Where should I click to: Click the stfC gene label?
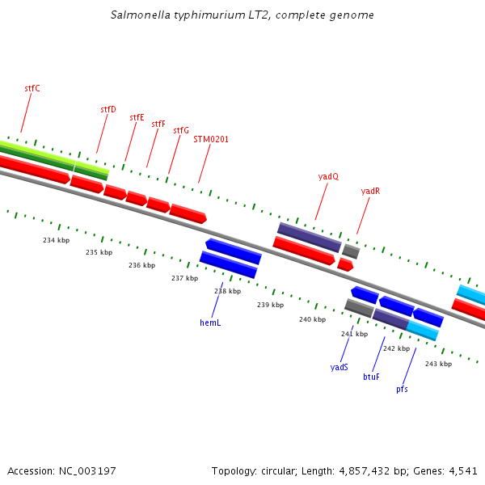click(32, 88)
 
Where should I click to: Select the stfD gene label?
click(108, 109)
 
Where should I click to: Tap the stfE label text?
click(137, 117)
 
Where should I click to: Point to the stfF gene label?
click(158, 124)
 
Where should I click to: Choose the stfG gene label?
click(181, 130)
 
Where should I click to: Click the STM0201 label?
click(211, 139)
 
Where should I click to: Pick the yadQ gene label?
click(328, 176)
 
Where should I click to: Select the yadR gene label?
click(370, 192)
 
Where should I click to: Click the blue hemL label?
click(210, 323)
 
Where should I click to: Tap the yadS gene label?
click(339, 367)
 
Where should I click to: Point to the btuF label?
click(371, 377)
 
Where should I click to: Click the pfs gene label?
click(402, 389)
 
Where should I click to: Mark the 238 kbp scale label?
click(227, 291)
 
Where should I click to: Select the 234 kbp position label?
click(56, 240)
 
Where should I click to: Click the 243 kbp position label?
click(438, 364)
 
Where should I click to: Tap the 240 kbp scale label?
click(312, 319)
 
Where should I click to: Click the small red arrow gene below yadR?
click(345, 264)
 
